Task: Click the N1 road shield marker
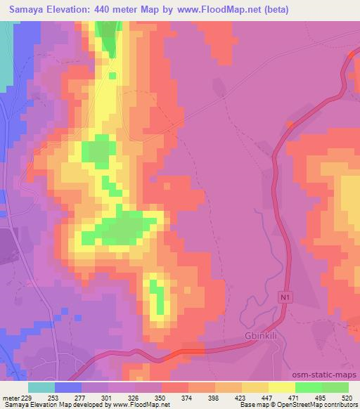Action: pos(284,298)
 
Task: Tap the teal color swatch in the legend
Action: pos(41,387)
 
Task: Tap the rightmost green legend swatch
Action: pos(335,387)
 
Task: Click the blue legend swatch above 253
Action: pos(68,387)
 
